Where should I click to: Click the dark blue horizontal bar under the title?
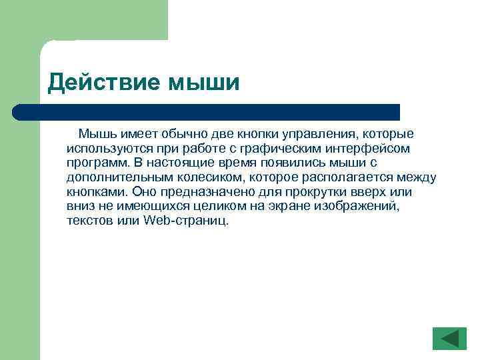coord(207,112)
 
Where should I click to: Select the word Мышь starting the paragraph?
coord(95,134)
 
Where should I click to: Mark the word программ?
coord(94,163)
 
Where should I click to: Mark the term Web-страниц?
coord(186,221)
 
